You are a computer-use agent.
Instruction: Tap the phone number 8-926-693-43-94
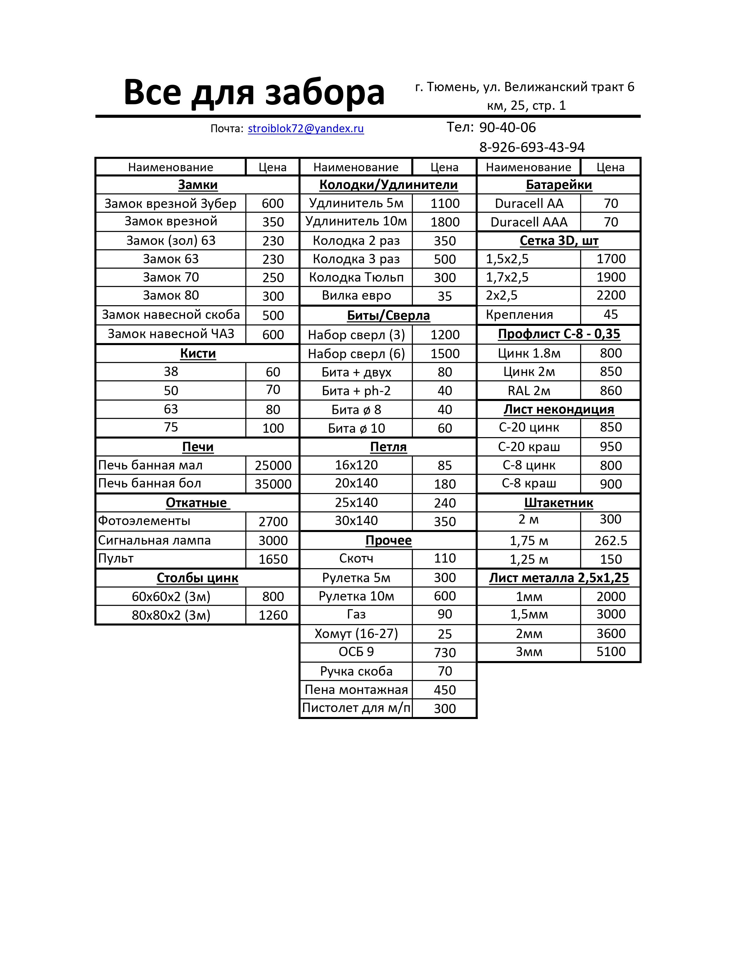click(x=532, y=147)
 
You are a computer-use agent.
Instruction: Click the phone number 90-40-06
click(x=507, y=128)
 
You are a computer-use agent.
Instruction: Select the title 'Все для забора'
click(x=254, y=92)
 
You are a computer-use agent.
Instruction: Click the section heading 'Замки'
click(x=198, y=185)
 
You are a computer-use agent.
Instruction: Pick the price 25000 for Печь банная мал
click(x=273, y=466)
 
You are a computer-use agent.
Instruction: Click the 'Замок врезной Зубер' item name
click(x=170, y=203)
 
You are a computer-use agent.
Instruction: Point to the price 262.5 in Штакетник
click(x=610, y=540)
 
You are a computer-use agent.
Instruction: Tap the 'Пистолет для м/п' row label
click(x=356, y=708)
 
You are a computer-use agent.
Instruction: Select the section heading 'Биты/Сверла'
click(x=388, y=315)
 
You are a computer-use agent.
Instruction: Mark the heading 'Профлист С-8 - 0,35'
click(x=559, y=334)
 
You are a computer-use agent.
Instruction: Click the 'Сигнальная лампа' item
click(x=154, y=540)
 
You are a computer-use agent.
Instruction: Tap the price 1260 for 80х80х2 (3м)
click(x=273, y=615)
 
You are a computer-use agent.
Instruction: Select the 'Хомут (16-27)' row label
click(x=356, y=634)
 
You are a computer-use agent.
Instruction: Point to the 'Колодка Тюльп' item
click(x=356, y=278)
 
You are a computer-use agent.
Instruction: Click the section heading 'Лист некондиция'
click(x=559, y=409)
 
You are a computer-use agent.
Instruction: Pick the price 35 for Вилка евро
click(x=445, y=296)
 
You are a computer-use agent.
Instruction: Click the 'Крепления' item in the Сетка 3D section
click(x=520, y=315)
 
